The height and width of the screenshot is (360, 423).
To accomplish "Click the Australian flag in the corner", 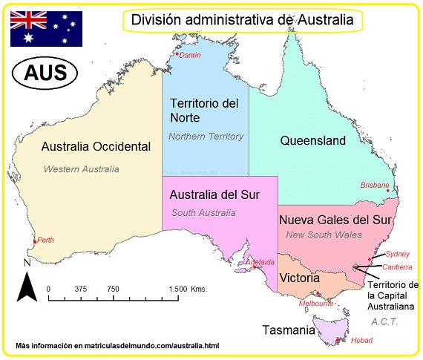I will click(x=45, y=29).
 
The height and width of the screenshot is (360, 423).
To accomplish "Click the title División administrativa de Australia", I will click(x=242, y=20).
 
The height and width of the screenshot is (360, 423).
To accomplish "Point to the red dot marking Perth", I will click(x=35, y=242).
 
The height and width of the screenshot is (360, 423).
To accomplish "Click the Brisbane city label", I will click(x=375, y=185).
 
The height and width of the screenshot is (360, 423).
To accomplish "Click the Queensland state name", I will click(x=312, y=140).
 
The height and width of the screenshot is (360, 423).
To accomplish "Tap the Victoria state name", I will click(x=300, y=278).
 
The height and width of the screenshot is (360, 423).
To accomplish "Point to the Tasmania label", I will click(x=288, y=330).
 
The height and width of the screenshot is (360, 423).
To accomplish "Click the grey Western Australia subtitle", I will click(x=81, y=169).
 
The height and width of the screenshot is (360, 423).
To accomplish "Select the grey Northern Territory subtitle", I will click(x=206, y=137).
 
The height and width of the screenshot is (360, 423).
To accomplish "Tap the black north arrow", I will click(x=27, y=287).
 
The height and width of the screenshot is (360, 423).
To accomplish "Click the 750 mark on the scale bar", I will click(x=113, y=289).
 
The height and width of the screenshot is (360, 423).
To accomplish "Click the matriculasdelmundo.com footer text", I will click(x=117, y=347).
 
